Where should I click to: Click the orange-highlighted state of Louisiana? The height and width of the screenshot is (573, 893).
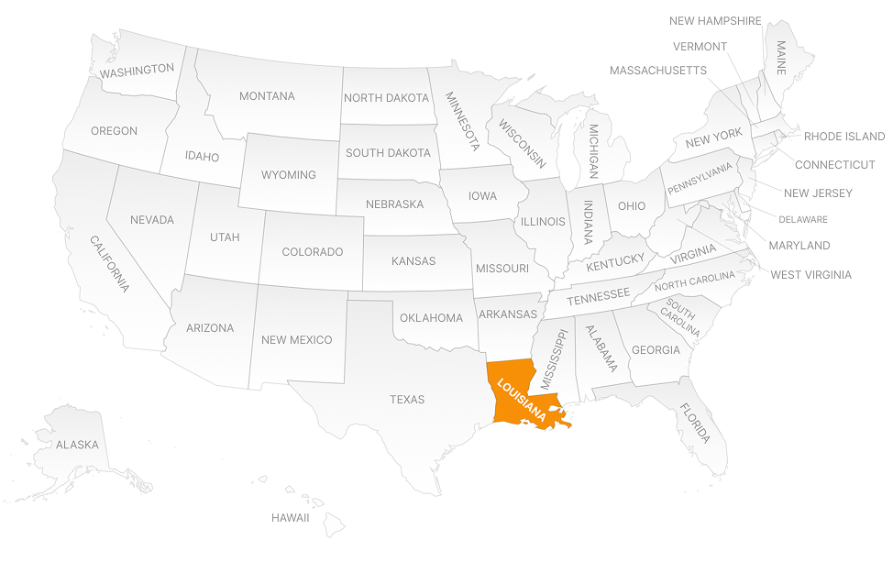(513, 394)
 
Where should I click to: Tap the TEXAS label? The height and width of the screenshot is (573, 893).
(407, 400)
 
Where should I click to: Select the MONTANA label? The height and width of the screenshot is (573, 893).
(267, 96)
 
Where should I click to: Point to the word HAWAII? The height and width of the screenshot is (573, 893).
(290, 518)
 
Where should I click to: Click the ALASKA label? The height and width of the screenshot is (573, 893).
(77, 445)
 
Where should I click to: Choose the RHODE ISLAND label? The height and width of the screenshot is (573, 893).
(844, 137)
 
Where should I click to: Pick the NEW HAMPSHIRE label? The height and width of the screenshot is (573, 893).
(715, 21)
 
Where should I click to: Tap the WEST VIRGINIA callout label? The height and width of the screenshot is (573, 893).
(810, 274)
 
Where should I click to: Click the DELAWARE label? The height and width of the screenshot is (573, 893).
(803, 220)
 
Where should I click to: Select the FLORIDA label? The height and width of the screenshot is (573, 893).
(695, 424)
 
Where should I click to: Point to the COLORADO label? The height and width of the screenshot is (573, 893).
(312, 252)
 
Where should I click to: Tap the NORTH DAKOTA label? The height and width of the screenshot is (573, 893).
(386, 98)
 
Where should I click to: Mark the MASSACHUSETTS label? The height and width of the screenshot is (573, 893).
(657, 71)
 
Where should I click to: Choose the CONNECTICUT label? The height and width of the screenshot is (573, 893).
(834, 165)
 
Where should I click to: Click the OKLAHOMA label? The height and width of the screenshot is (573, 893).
(431, 318)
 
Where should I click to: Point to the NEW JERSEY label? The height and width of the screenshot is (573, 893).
(818, 193)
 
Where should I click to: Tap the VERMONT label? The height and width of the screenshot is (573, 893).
(700, 47)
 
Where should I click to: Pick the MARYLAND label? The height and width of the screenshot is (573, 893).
(799, 246)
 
